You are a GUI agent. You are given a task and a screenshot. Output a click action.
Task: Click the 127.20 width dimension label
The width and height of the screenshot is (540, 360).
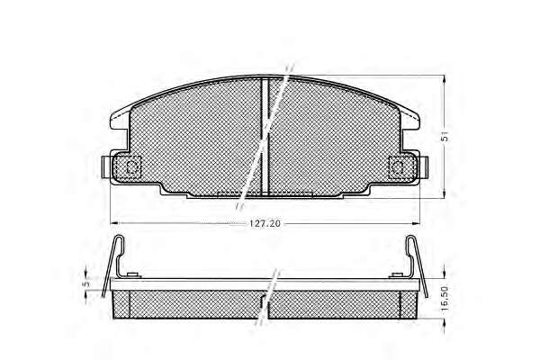(265, 223)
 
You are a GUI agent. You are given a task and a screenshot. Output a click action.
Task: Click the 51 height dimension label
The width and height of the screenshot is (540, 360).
(445, 137)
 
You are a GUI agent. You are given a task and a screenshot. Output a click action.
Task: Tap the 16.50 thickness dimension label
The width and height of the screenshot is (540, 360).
(445, 298)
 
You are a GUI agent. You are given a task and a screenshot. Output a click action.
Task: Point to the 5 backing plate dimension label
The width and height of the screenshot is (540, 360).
(86, 283)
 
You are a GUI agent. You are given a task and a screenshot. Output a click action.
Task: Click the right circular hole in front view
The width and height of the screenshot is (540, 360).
(398, 167)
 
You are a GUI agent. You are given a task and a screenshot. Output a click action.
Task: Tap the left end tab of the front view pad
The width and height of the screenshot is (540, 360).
(105, 167)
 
